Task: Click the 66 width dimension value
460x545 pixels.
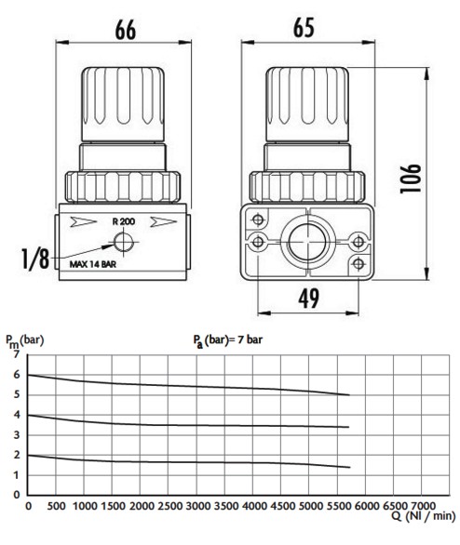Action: tap(126, 30)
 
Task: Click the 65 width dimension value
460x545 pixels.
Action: tap(304, 28)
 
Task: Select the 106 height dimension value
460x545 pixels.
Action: tap(411, 179)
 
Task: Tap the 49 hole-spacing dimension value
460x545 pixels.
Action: tap(308, 299)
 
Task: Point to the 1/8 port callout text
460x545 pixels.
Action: tap(35, 259)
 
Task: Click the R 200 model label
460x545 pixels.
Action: tap(124, 221)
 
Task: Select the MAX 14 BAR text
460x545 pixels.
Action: tap(93, 264)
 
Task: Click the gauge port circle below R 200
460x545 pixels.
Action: tap(124, 242)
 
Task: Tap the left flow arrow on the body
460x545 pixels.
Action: tap(83, 221)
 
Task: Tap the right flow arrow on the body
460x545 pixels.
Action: tap(163, 221)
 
